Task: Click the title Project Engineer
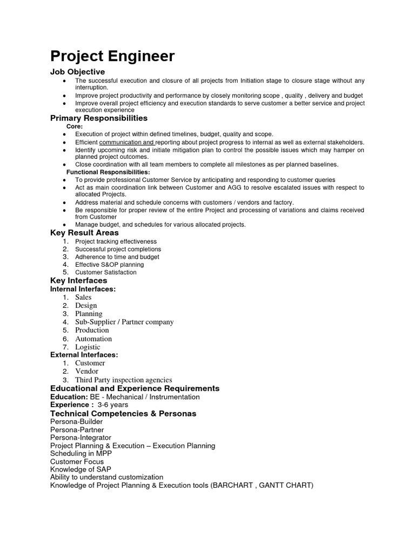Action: click(x=112, y=56)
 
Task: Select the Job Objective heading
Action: click(x=77, y=72)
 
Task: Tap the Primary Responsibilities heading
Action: click(x=98, y=118)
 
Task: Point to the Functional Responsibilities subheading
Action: click(x=108, y=172)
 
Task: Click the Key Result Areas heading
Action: click(x=84, y=232)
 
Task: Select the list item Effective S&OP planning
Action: click(x=109, y=265)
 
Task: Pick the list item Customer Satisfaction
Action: click(x=105, y=272)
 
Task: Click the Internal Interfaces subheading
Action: click(x=83, y=289)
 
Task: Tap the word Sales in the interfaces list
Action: click(x=83, y=297)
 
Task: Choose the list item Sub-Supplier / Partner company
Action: click(x=124, y=322)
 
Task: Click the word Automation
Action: click(x=93, y=339)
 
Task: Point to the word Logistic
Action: click(x=88, y=347)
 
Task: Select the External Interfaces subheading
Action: click(x=84, y=355)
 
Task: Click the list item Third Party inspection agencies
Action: click(x=123, y=380)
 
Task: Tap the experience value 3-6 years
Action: click(x=112, y=404)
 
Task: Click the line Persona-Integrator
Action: click(x=81, y=437)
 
